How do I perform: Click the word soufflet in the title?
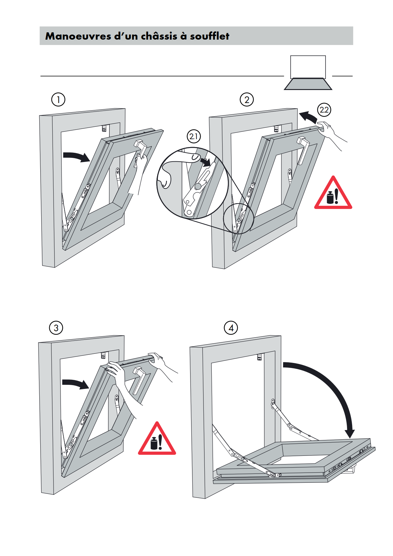[209, 36]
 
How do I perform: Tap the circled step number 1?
[58, 100]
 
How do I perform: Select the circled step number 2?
[247, 100]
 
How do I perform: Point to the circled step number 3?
[56, 328]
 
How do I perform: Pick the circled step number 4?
[231, 328]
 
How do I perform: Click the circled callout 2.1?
[194, 137]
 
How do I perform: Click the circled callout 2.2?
[324, 110]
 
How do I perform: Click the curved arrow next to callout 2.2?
[308, 117]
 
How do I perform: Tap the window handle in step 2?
[303, 149]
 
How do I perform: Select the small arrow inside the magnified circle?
[206, 162]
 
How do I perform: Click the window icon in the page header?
[308, 73]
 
